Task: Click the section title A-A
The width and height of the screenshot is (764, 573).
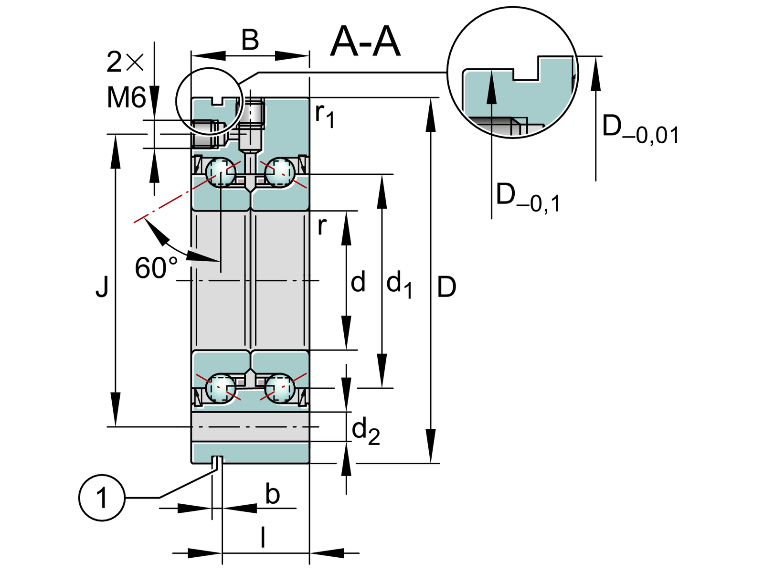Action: (365, 42)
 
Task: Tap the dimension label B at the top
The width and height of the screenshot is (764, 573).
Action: (250, 40)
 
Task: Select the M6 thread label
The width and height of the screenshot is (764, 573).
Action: (126, 98)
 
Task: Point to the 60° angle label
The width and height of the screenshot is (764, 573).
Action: (156, 268)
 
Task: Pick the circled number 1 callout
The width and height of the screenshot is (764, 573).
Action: (102, 498)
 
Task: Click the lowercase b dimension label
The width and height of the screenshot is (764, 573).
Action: (272, 494)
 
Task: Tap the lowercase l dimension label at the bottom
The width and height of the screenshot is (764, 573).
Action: (263, 538)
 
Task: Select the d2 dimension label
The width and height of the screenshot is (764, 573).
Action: (366, 431)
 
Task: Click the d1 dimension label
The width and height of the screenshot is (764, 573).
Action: (399, 284)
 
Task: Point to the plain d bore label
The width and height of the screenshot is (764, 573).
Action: (358, 282)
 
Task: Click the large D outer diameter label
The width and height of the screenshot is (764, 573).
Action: (446, 287)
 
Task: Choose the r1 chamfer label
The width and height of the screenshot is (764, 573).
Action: (325, 115)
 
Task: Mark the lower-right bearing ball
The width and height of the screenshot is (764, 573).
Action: (280, 388)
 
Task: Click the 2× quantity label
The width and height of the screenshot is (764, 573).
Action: (125, 63)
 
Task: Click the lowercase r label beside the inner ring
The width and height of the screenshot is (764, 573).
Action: (322, 226)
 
